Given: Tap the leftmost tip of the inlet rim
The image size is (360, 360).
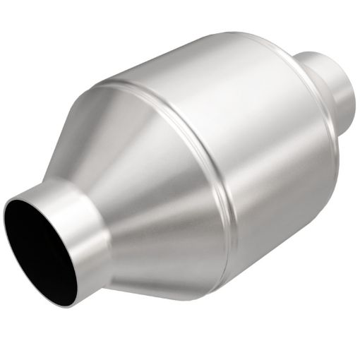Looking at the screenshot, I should (x=6, y=219).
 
